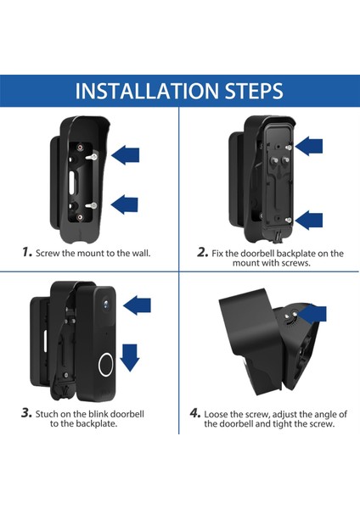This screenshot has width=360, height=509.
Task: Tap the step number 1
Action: pos(27,252)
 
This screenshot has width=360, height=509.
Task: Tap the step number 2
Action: pos(202,252)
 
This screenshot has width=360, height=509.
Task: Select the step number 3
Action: pos(26,413)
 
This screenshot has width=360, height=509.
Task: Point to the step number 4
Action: pos(195,413)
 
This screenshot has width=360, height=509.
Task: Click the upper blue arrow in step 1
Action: pos(125,155)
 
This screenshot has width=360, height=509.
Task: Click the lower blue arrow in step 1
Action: pos(125,204)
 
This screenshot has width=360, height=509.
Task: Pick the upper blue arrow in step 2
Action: pos(309,146)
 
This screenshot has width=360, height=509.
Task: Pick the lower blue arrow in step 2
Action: pos(309,220)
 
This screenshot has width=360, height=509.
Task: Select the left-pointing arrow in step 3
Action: pos(137,305)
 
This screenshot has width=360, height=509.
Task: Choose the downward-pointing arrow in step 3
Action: pos(130,358)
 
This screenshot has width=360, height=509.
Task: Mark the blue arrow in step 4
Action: pos(312,313)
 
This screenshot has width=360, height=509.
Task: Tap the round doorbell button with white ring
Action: pos(106,365)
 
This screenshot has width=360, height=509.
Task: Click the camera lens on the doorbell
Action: pos(106,304)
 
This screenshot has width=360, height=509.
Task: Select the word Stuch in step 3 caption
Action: pos(47,414)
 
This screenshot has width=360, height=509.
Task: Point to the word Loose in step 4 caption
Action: pos(216,414)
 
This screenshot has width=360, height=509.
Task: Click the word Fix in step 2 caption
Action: pos(217,253)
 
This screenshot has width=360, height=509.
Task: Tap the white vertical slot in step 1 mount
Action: pos(72,183)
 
